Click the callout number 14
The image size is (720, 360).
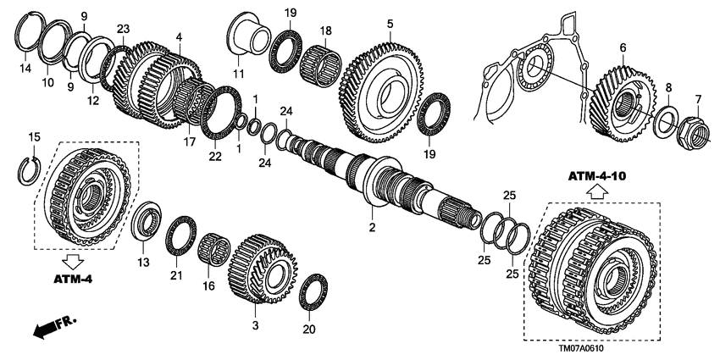point(25,68)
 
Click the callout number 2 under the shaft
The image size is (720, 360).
point(371,228)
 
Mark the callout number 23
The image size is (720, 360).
point(123,29)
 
